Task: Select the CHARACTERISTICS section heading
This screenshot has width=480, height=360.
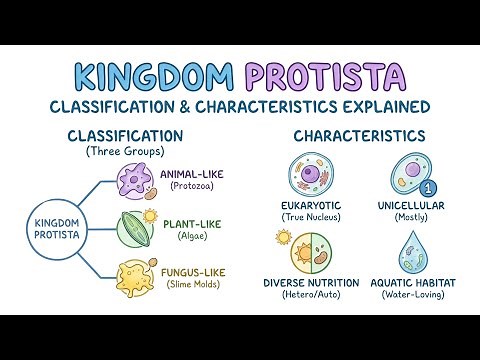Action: [x=358, y=135]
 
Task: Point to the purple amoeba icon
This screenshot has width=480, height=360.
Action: [x=132, y=185]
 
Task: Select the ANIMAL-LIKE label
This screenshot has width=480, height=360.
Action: [x=192, y=174]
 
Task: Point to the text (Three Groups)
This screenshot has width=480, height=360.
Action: [x=124, y=150]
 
